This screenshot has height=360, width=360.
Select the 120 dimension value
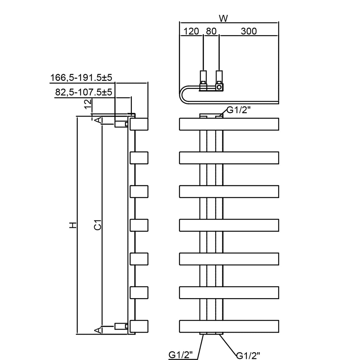tap(191, 31)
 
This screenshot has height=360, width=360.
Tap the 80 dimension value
tap(211, 31)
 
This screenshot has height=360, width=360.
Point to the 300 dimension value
tap(249, 31)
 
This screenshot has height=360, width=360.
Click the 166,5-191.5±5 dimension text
tap(83, 78)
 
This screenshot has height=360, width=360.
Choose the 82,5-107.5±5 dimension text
tap(83, 92)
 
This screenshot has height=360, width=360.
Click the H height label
tap(72, 225)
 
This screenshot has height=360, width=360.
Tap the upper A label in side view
tap(99, 120)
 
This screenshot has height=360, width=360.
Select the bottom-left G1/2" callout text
tap(181, 355)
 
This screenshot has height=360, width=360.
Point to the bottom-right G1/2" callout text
tap(249, 355)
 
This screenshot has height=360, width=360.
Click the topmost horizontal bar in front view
tap(229, 124)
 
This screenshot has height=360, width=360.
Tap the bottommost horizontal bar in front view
tap(229, 326)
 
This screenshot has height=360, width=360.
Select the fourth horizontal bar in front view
tap(229, 225)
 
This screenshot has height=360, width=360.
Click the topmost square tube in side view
tap(139, 124)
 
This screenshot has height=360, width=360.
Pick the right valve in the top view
tap(219, 81)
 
